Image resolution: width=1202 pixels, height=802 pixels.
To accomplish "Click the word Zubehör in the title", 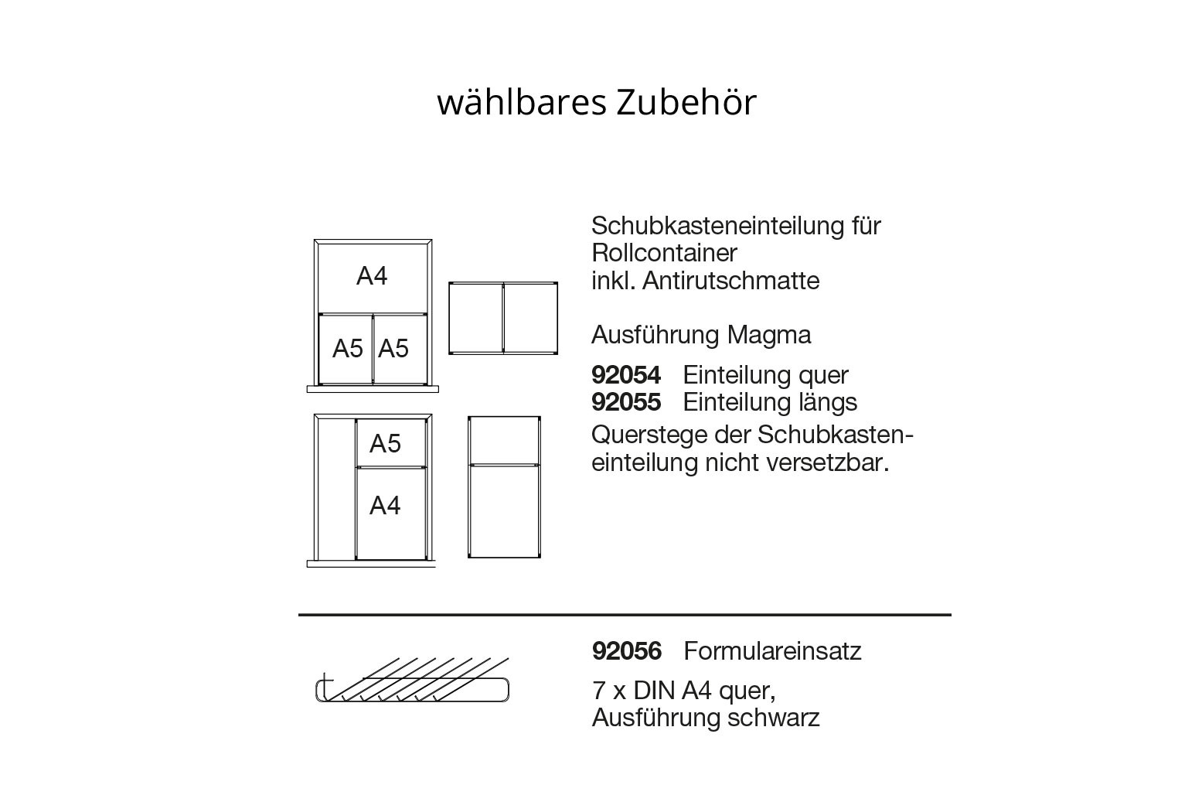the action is [x=686, y=102].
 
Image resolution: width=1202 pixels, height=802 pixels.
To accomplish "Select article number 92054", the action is [x=625, y=374].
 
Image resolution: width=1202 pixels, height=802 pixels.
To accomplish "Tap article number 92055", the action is [x=625, y=402].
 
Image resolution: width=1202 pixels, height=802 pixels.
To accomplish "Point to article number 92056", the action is [x=627, y=651].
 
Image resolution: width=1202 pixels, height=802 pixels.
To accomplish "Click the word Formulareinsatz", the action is [x=772, y=651].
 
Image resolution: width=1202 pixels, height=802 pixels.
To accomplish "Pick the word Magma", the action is [x=769, y=336].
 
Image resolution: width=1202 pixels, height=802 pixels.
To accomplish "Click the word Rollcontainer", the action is [x=664, y=253].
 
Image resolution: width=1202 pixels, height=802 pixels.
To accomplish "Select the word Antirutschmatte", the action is [x=730, y=280].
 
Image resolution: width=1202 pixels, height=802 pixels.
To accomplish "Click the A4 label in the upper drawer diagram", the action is [x=372, y=276].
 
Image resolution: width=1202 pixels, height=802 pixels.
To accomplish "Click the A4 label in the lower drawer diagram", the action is [x=385, y=506].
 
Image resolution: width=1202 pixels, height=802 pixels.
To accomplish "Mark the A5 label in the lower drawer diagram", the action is [x=385, y=443].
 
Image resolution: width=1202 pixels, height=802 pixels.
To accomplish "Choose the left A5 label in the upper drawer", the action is [x=348, y=348].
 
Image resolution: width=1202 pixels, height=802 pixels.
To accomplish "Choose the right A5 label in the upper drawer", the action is [x=393, y=348].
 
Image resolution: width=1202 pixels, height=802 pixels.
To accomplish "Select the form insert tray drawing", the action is [x=412, y=680].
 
